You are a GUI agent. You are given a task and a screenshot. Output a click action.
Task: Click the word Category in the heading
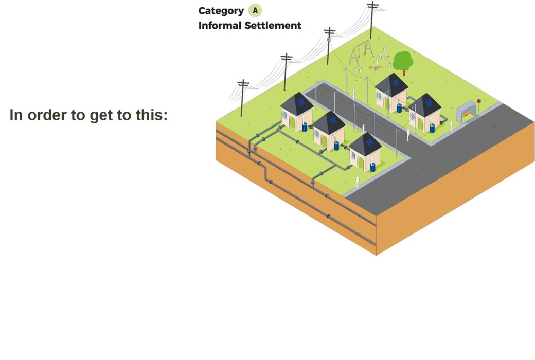[221, 11]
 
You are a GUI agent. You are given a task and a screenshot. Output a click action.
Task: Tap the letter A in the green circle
[255, 10]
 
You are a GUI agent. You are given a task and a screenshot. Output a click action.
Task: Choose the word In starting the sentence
[16, 115]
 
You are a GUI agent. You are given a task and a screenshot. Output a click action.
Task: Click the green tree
[403, 61]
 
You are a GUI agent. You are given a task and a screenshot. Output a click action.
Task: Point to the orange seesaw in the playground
[376, 67]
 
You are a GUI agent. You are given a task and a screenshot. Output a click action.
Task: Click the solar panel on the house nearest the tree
[395, 83]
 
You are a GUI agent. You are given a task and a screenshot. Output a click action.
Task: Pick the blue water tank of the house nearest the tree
[399, 108]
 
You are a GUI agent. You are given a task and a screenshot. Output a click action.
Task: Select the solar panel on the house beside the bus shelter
[428, 103]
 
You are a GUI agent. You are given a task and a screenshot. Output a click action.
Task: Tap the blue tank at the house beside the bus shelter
[432, 128]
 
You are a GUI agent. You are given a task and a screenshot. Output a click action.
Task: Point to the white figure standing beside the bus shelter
[452, 125]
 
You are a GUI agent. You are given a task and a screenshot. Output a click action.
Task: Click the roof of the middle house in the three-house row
[329, 122]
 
